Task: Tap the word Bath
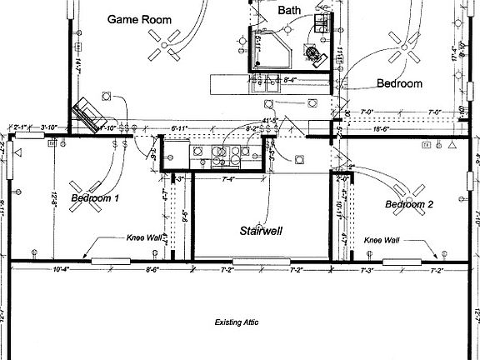[289, 11]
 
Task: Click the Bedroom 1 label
[95, 198]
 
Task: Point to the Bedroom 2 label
[409, 204]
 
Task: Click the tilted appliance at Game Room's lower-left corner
[85, 113]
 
